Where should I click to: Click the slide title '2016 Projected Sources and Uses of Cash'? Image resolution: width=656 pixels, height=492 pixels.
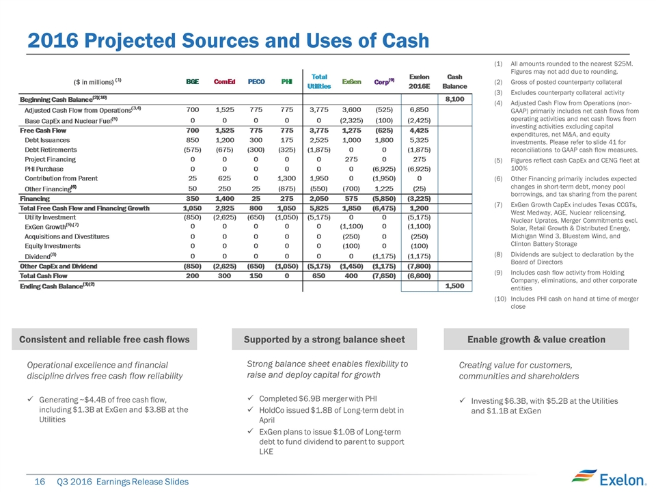[x=228, y=40]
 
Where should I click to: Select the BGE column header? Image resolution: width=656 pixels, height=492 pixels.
[x=193, y=81]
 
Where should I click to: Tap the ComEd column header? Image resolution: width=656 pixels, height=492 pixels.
[x=225, y=81]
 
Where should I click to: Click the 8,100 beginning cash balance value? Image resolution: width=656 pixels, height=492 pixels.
[x=454, y=100]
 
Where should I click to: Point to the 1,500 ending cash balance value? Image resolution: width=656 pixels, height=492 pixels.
[x=455, y=285]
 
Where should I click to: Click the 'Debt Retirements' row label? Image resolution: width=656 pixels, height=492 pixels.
[x=51, y=149]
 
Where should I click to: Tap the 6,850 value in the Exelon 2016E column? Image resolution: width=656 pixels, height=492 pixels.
[x=418, y=109]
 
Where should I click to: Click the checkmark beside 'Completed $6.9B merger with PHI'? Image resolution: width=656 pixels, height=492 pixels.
[x=252, y=398]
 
